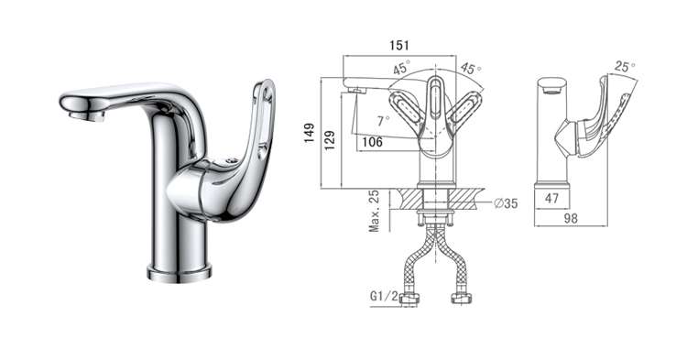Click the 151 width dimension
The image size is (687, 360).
(399, 46)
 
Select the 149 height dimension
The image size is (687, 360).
(310, 133)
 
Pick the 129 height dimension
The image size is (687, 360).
(330, 140)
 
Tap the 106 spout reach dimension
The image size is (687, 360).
(373, 142)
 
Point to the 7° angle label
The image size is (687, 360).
(383, 120)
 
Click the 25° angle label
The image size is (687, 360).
(625, 67)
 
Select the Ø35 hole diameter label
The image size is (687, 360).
(506, 203)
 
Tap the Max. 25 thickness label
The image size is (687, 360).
(374, 211)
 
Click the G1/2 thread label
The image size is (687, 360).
(384, 296)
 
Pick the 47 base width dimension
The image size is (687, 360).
(551, 199)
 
